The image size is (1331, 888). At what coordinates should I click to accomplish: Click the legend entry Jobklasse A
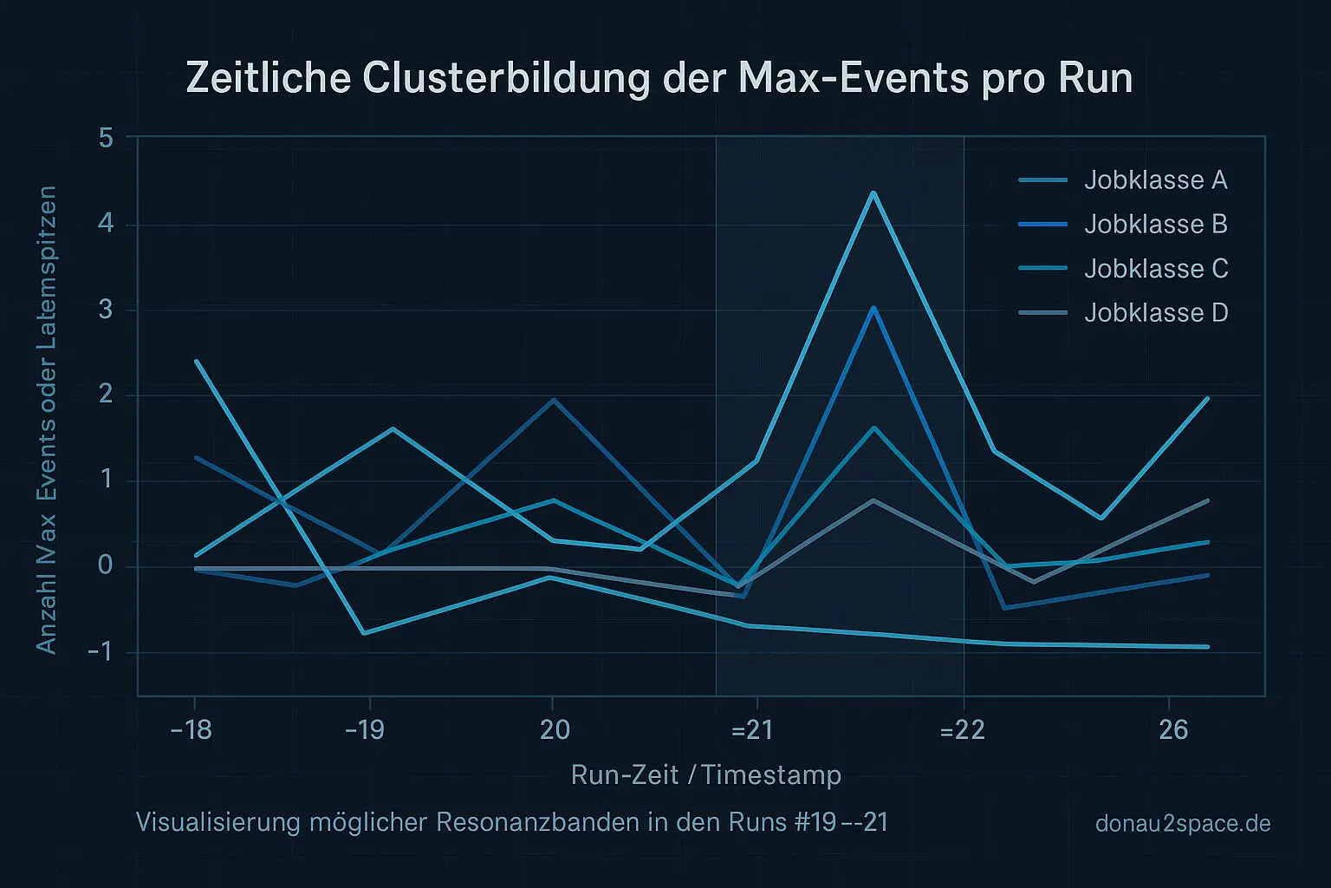pos(1155,180)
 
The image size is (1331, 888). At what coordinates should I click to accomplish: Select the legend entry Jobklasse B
pos(1155,225)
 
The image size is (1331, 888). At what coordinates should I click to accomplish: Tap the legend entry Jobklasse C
pos(1155,269)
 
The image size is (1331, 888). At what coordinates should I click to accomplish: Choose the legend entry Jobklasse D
pos(1155,313)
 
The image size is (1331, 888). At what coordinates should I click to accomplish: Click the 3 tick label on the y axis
pos(107,310)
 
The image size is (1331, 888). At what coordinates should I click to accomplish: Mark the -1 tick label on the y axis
pos(101,652)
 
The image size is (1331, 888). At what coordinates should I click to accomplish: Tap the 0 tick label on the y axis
pos(106,566)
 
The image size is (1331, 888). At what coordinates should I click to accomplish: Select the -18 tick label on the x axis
pos(192,730)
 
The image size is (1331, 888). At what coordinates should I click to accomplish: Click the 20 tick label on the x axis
pos(555,730)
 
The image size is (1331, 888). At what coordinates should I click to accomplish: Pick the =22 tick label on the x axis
pos(963,730)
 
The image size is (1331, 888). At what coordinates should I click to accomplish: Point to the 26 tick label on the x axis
pos(1173,730)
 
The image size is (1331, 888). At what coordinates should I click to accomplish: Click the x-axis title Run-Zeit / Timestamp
pos(706,774)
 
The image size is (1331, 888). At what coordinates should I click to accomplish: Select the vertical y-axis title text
pos(46,420)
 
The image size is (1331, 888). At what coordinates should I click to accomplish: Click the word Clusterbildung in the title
pos(506,78)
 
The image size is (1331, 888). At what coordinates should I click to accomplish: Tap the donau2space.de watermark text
pos(1183,823)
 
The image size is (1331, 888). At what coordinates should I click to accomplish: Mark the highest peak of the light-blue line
pos(873,193)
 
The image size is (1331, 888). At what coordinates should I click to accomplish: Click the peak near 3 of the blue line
pos(873,307)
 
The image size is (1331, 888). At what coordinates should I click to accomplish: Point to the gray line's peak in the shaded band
pos(873,499)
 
